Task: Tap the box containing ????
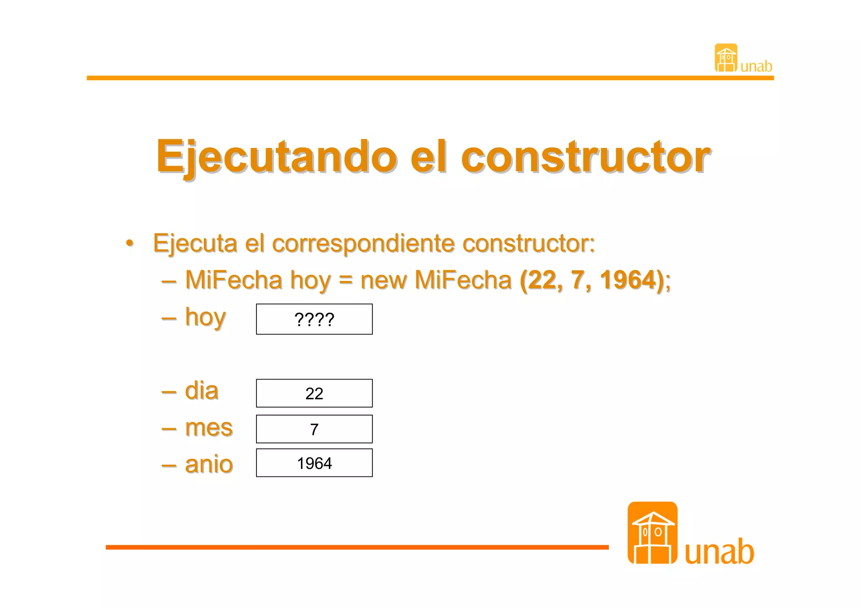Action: (x=314, y=319)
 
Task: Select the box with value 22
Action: (x=314, y=393)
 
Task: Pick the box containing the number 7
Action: (x=314, y=429)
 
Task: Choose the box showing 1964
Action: (x=314, y=463)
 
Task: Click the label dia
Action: (x=202, y=391)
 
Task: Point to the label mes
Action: (x=209, y=428)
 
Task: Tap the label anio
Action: (x=209, y=464)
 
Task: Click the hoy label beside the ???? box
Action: (x=206, y=318)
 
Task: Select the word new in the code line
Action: (x=383, y=280)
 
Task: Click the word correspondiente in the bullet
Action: (x=363, y=243)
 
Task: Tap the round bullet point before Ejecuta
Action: (x=130, y=243)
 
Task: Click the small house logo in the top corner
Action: (x=726, y=58)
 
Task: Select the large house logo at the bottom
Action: (x=652, y=533)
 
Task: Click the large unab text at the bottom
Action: (x=719, y=551)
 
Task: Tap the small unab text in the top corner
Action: (x=756, y=66)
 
